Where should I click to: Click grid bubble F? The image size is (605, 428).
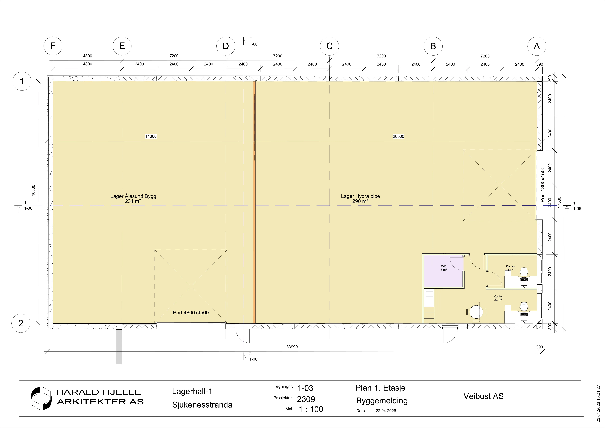pos(53,46)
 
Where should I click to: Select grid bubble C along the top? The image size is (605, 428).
pos(329,46)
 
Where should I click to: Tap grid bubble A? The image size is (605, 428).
pos(537,46)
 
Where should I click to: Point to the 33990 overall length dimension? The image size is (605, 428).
pos(292,347)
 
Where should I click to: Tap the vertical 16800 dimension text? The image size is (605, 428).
pos(33,190)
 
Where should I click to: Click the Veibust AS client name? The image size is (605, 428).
pos(484,396)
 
